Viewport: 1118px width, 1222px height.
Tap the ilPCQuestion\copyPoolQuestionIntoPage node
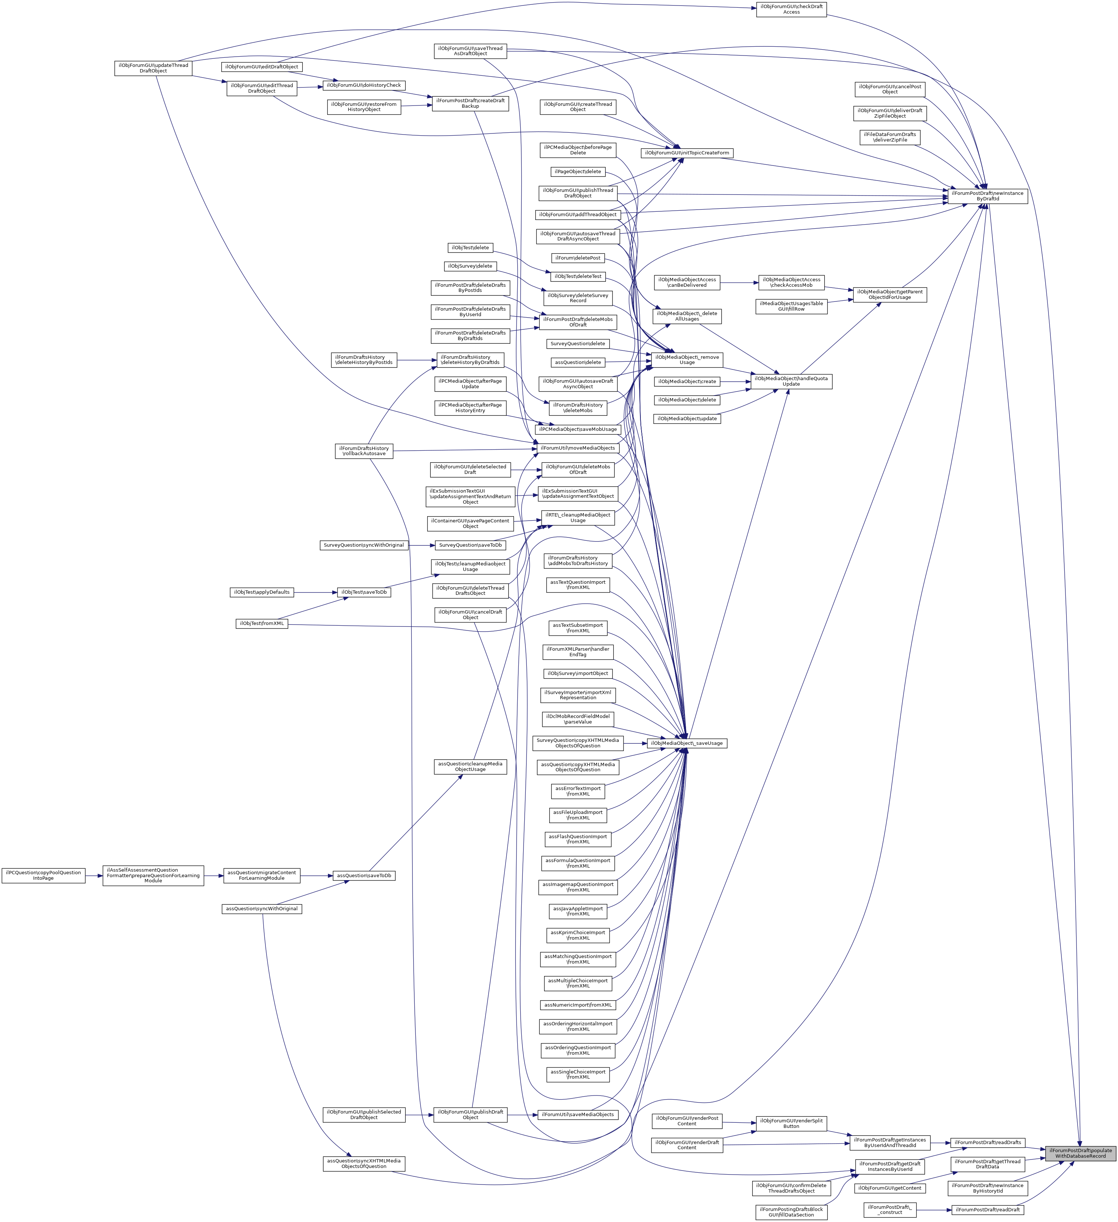(43, 875)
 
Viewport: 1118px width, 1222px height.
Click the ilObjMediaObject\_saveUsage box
(686, 743)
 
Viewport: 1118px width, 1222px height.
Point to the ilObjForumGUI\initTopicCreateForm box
(686, 153)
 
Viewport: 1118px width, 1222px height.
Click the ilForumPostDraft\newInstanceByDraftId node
(987, 196)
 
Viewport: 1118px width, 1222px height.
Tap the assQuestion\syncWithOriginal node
(261, 909)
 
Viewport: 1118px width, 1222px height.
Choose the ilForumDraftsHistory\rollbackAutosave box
(364, 451)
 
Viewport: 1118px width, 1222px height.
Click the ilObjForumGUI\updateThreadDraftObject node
(153, 68)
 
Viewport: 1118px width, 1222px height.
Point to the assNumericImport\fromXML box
(578, 1005)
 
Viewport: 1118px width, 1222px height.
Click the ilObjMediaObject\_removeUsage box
(686, 360)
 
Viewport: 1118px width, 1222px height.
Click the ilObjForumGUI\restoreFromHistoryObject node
(364, 107)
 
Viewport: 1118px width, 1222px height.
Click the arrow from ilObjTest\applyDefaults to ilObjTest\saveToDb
(315, 592)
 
